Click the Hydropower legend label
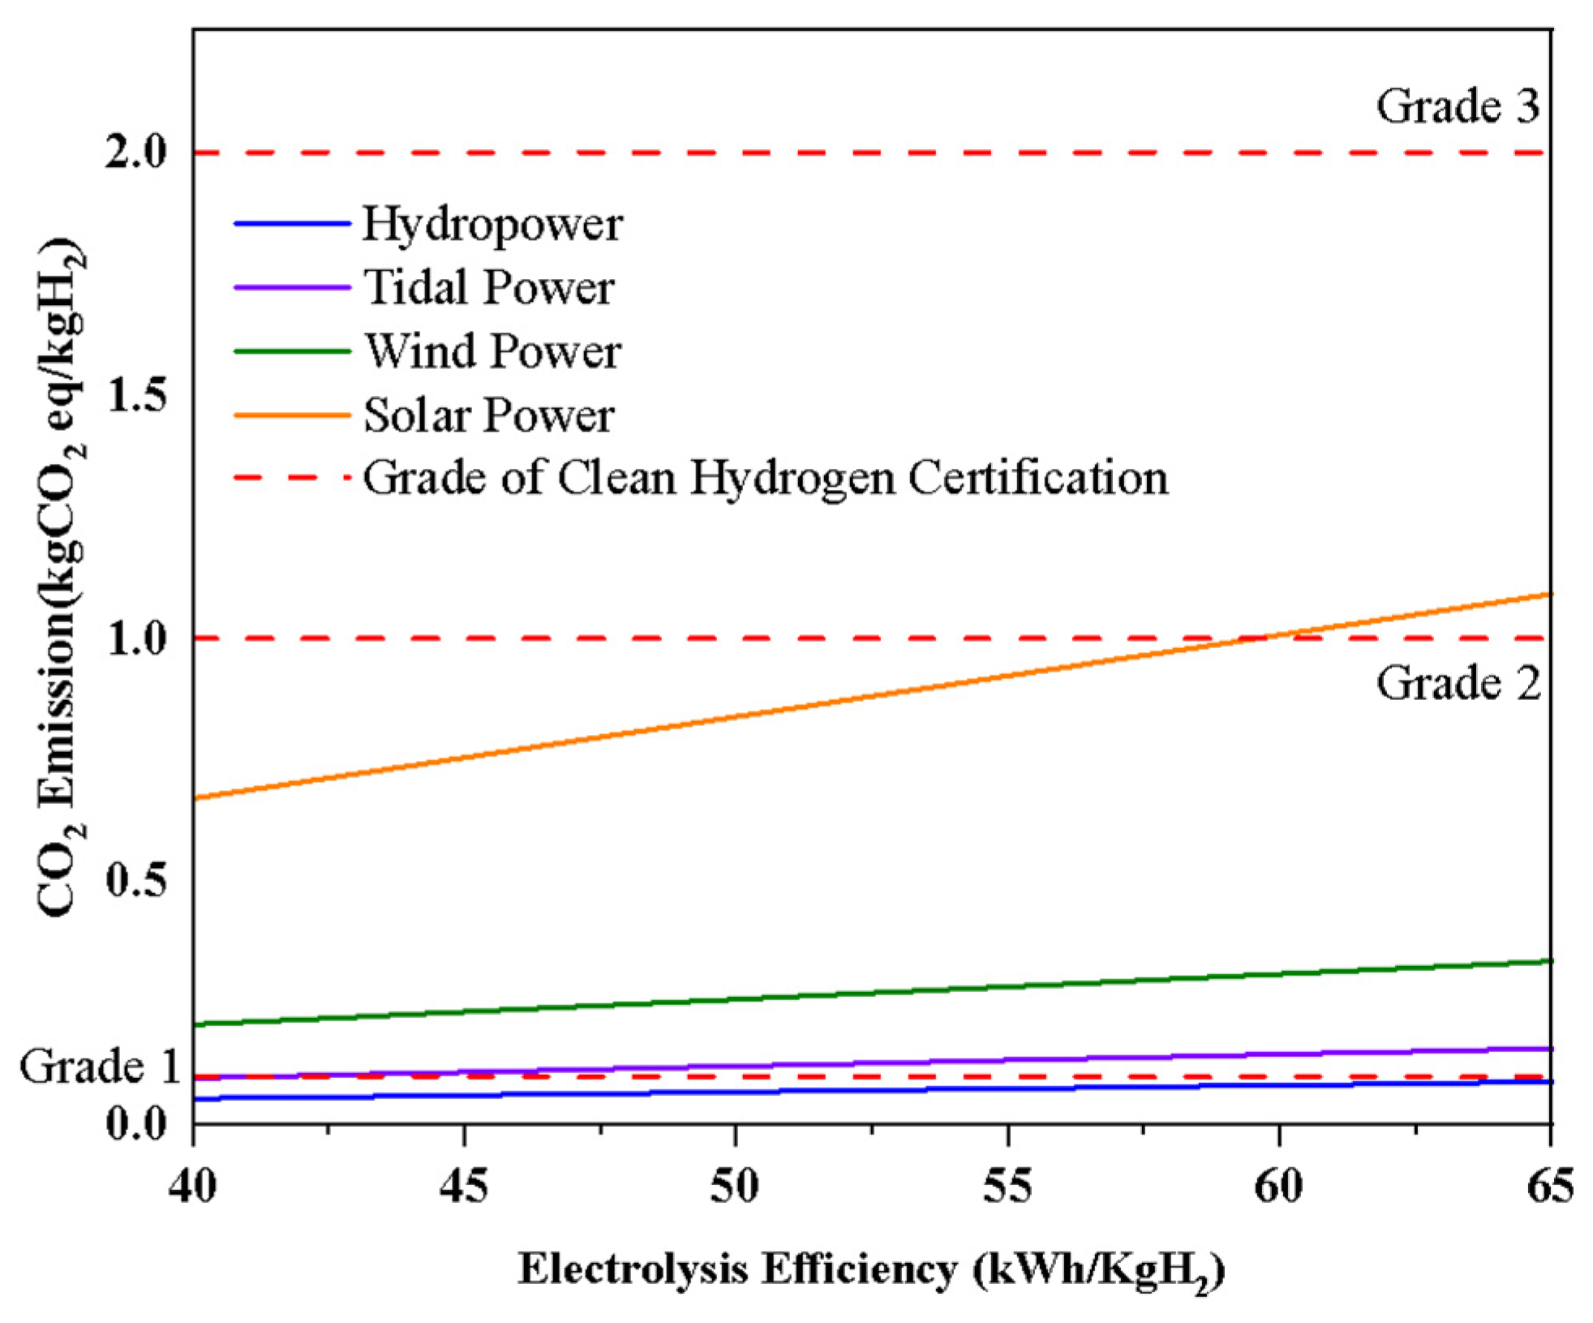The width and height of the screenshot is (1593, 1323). (492, 224)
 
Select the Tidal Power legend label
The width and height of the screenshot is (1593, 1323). (488, 287)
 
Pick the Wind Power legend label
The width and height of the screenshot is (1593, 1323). (492, 351)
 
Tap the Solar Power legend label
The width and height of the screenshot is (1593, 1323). (488, 415)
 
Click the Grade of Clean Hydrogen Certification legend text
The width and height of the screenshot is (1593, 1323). (765, 478)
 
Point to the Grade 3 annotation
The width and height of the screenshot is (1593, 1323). (1457, 106)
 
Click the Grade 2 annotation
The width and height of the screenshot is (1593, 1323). (1457, 682)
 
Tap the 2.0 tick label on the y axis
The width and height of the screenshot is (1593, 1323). (135, 152)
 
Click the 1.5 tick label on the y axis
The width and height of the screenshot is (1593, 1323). (135, 395)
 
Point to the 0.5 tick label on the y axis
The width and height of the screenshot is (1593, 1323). (135, 880)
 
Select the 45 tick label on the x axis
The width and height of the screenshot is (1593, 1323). (464, 1187)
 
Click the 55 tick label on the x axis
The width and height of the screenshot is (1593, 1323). (1007, 1187)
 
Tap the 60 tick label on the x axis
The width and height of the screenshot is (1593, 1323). (1278, 1187)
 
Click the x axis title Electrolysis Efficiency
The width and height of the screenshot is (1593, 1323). (870, 1270)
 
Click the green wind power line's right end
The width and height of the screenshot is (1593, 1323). (1548, 961)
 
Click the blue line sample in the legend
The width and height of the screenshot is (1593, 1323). (291, 224)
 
